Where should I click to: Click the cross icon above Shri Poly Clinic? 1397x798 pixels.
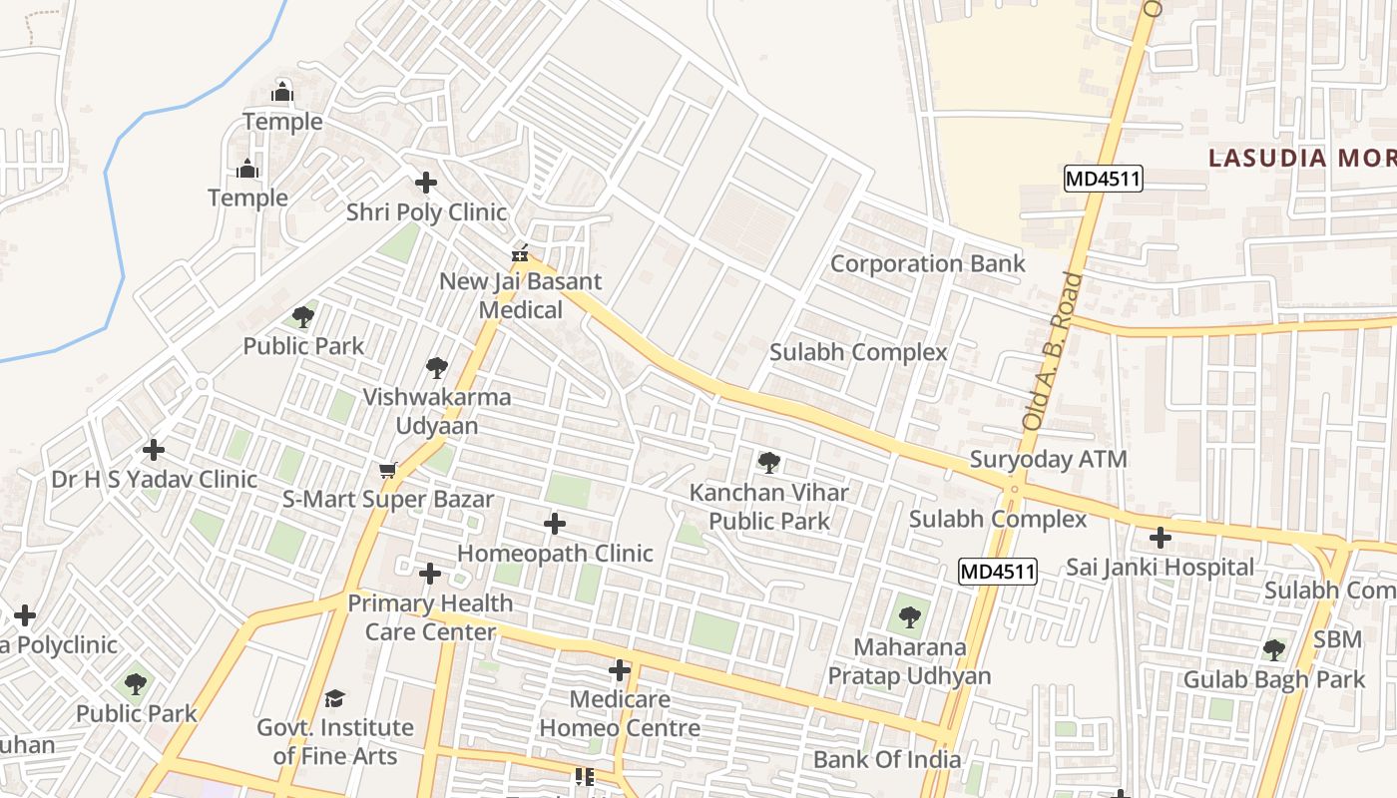click(x=426, y=183)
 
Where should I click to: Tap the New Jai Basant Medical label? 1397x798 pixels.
click(x=521, y=295)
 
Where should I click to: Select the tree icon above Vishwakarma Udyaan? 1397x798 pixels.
click(x=436, y=368)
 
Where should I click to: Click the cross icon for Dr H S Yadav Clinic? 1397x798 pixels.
click(x=153, y=450)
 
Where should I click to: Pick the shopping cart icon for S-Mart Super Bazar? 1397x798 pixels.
click(x=388, y=470)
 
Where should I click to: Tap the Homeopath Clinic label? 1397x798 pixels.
click(x=555, y=553)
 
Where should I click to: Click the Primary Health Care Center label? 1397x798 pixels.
click(x=430, y=617)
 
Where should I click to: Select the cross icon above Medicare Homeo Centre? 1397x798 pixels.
click(x=620, y=670)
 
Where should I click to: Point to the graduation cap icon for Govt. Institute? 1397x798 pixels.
click(x=334, y=698)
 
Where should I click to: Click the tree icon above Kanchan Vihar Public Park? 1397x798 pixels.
click(x=768, y=463)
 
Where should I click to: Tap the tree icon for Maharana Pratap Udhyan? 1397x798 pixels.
click(x=909, y=617)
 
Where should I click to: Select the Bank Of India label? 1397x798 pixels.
click(x=887, y=759)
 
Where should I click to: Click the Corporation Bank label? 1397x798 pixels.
click(x=927, y=263)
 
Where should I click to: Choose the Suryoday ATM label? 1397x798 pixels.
click(x=1048, y=460)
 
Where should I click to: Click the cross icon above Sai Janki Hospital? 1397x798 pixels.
click(x=1160, y=538)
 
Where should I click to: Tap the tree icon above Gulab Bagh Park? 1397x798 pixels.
click(x=1273, y=650)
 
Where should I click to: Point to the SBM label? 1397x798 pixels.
click(x=1337, y=639)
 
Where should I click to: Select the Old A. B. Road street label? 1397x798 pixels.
click(x=1052, y=351)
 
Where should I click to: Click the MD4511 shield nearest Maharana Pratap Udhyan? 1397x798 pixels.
click(x=998, y=572)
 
